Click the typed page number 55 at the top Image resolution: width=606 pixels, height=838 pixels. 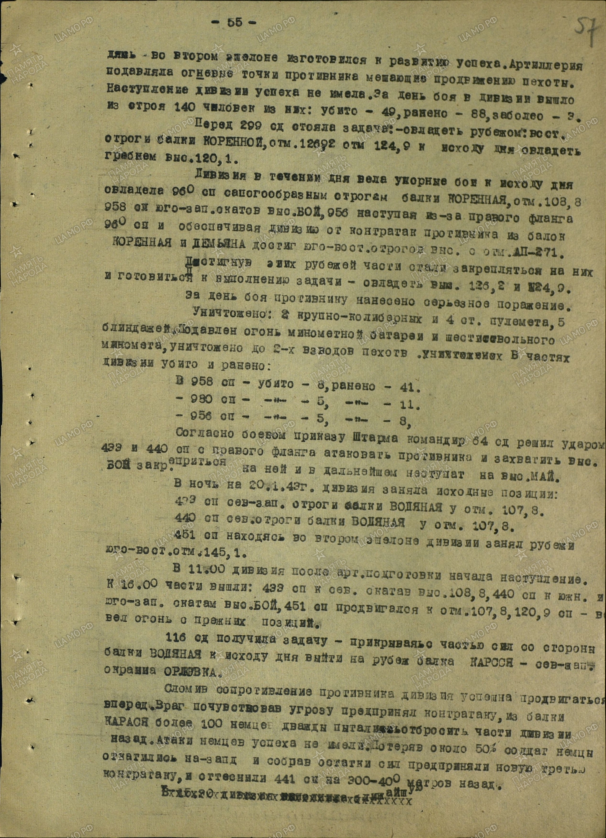(x=235, y=23)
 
